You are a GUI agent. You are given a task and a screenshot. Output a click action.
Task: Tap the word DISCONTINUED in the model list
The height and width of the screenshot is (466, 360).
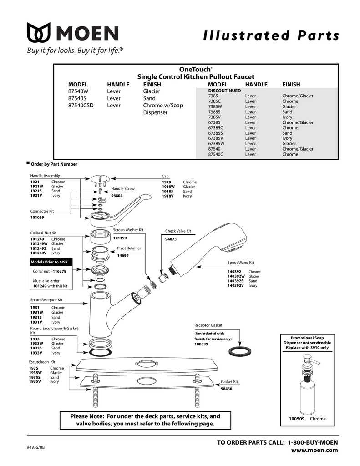coord(224,91)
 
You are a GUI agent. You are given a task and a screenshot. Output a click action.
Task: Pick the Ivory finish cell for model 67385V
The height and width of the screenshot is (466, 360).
coord(287,138)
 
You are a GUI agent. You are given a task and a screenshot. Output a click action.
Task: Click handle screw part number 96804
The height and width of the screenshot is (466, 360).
coord(117,196)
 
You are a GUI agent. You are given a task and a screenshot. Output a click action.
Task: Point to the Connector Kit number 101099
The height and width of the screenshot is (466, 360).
coord(37,217)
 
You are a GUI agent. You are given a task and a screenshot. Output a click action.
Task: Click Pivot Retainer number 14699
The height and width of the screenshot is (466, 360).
coord(123,256)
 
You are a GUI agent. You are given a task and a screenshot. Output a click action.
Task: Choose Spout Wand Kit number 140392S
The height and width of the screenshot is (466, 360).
coord(236,281)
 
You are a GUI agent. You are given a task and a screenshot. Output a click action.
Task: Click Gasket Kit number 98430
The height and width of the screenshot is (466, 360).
coord(227,389)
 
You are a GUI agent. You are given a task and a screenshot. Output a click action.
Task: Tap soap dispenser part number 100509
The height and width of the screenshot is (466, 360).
coord(297,419)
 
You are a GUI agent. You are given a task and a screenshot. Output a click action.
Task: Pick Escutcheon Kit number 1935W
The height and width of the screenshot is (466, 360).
coord(36,373)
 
